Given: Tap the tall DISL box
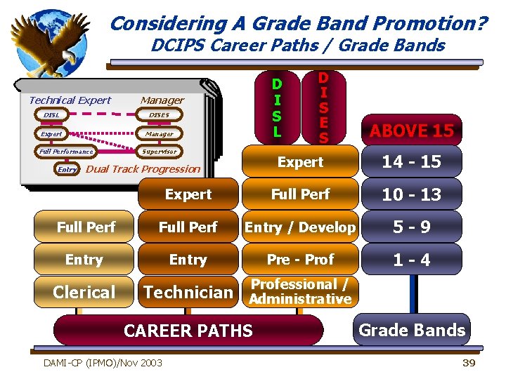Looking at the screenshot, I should [x=277, y=107].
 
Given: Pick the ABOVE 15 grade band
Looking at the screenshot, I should [x=412, y=131].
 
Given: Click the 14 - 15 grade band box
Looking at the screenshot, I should [x=411, y=161].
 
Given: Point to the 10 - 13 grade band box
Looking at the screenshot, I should [x=411, y=194].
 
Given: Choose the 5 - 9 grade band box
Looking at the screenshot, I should [x=411, y=227].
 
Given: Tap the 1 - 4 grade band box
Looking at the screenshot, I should [x=411, y=260].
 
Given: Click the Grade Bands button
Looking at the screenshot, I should [x=412, y=330].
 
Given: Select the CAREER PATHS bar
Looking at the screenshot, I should [x=188, y=330].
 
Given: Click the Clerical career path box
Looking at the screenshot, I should [x=84, y=292].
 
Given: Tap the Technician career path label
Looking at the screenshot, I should [x=188, y=292].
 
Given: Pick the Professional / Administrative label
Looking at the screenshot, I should [x=300, y=292].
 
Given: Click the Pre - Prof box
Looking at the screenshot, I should [x=300, y=260].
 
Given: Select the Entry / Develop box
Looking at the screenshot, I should [x=300, y=227].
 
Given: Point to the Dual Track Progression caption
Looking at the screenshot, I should [x=143, y=168].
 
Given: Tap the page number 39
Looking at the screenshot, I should [x=469, y=362].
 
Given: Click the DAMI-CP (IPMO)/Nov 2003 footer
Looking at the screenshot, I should [x=103, y=362].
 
